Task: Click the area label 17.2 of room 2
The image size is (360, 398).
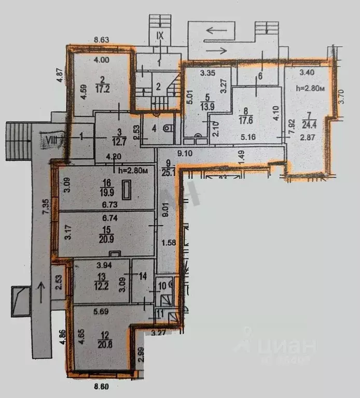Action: pyautogui.click(x=101, y=89)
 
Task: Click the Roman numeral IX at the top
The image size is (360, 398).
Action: pyautogui.click(x=160, y=36)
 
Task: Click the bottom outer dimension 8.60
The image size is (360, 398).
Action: pyautogui.click(x=101, y=387)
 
